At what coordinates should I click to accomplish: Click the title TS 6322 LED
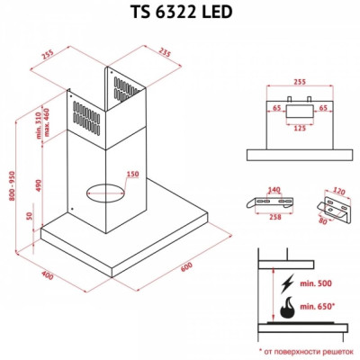click(179, 14)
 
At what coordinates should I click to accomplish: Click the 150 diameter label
click(132, 175)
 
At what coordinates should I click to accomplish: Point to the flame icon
click(285, 309)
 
